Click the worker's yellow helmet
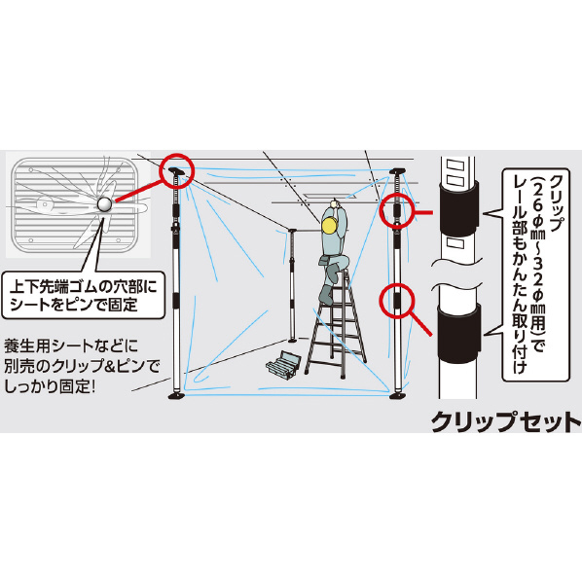pos(330,225)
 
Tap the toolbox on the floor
pos(283,365)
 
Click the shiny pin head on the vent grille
pos(104,204)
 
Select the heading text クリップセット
pos(506,421)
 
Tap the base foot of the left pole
pos(177,395)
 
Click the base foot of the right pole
pos(398,395)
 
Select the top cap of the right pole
pos(397,171)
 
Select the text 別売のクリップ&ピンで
pos(82,366)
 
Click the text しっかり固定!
pos(50,386)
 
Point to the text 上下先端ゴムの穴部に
pos(83,287)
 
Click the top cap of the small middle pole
pos(291,231)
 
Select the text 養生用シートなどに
pos(70,346)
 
